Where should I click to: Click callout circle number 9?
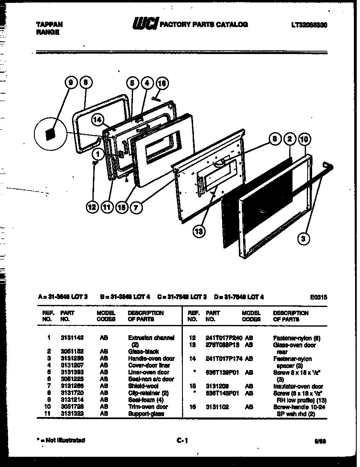coord(71,83)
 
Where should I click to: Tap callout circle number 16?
coord(162,83)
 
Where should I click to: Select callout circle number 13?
coord(199,232)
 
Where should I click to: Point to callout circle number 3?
coord(304,238)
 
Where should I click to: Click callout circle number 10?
coord(304,139)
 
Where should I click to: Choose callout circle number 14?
coord(97,120)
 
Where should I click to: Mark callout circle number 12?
coord(92,208)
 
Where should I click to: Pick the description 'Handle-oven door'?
coord(151,358)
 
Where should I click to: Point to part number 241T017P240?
coord(224,338)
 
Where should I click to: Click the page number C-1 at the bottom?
coord(182,440)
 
